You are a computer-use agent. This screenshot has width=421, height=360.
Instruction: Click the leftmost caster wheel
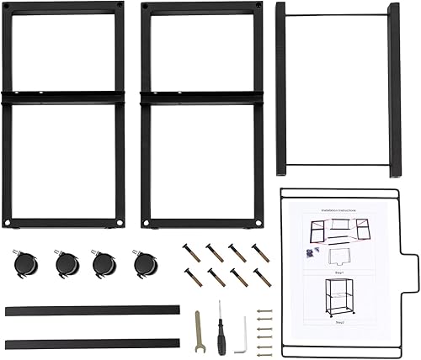24,263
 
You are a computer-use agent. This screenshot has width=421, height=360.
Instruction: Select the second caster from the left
64,264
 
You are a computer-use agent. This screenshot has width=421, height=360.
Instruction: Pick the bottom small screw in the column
268,348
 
